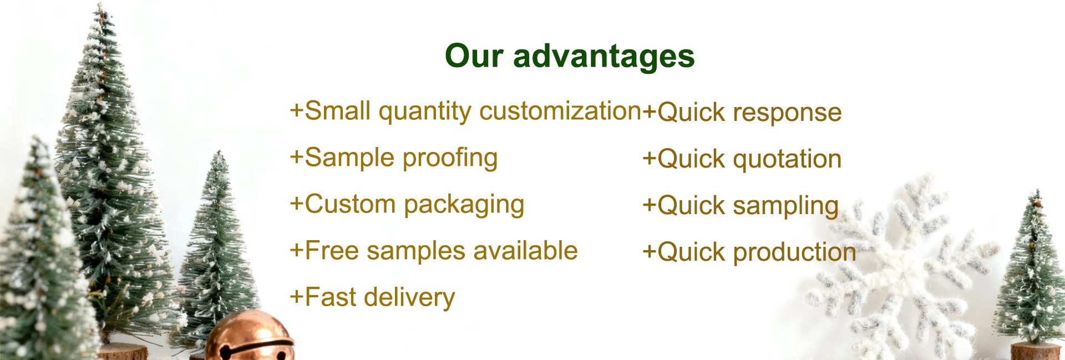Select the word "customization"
point(560,111)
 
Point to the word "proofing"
point(450,159)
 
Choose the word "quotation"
point(787,159)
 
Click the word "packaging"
point(464,206)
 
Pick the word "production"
point(794,253)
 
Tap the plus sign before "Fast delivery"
point(297,297)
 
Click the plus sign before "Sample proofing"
point(297,158)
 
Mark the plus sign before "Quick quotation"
point(649,159)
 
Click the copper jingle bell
point(249,337)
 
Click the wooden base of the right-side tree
point(1035,351)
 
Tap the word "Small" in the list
point(338,111)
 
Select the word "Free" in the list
point(332,251)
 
